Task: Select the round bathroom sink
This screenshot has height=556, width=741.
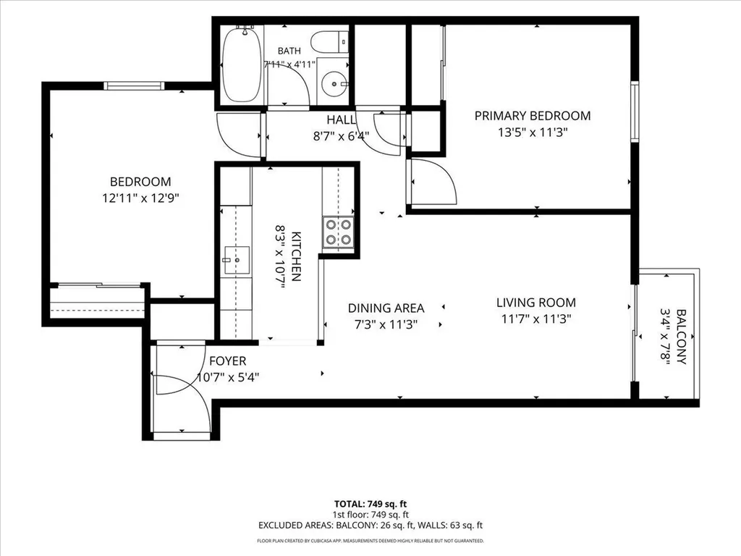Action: (335, 84)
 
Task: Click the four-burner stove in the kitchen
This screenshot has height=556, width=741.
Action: (339, 232)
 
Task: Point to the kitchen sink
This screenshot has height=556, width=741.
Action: (237, 260)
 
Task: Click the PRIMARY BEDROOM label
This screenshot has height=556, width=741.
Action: (533, 116)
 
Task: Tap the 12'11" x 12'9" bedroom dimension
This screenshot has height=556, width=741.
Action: (141, 198)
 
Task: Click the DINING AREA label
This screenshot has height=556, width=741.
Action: (386, 308)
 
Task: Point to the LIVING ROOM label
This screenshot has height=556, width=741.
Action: (536, 303)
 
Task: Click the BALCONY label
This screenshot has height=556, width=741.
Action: (681, 336)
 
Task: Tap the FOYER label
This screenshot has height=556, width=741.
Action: (228, 361)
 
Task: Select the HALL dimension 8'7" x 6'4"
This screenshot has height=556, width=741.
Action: (342, 137)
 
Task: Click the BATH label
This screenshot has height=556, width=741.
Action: (289, 51)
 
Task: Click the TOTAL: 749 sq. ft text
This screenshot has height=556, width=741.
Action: (370, 504)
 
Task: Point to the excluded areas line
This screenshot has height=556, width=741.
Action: (370, 526)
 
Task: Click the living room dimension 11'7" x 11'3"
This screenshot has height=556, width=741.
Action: (536, 319)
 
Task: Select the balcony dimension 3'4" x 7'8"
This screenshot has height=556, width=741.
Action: (666, 337)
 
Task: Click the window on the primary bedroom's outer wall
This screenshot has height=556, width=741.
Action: (635, 111)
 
